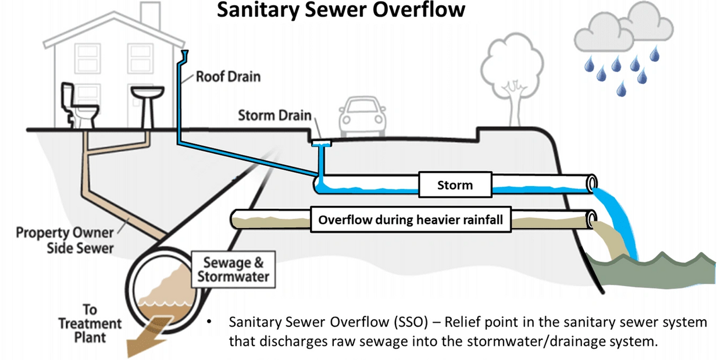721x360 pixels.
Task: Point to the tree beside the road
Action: (x=511, y=76)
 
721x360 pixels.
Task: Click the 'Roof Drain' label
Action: (x=228, y=76)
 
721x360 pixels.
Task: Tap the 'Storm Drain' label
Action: (x=274, y=115)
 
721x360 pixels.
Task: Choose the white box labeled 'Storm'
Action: (x=455, y=186)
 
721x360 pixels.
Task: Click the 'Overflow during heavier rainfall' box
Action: (x=411, y=220)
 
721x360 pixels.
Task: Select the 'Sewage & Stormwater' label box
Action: (x=233, y=270)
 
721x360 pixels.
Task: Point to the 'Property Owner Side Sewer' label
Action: (x=64, y=240)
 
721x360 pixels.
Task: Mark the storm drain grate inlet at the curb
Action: (x=320, y=141)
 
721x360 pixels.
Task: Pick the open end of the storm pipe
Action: (x=592, y=183)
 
